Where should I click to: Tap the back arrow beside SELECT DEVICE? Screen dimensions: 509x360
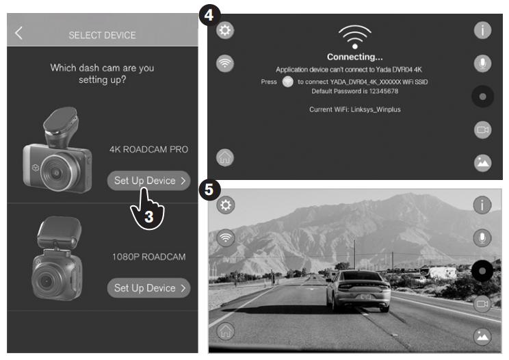(18, 33)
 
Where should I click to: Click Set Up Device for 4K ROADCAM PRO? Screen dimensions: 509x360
(148, 181)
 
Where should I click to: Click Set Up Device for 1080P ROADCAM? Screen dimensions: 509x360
(148, 288)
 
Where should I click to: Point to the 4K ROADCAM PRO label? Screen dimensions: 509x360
(148, 149)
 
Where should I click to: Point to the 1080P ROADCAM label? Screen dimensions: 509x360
(149, 257)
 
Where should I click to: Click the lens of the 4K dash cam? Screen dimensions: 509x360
(57, 172)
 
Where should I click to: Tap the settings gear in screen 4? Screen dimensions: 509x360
(225, 31)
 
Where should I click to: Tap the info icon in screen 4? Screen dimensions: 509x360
(482, 31)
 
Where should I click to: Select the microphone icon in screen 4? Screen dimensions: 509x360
(482, 63)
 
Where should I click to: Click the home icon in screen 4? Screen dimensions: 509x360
(225, 158)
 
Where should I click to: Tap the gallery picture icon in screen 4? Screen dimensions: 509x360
(482, 163)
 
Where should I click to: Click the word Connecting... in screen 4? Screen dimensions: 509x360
(355, 57)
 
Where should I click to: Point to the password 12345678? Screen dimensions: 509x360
(384, 91)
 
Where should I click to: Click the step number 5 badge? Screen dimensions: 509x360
(209, 190)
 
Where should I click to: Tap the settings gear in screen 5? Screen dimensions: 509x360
(226, 205)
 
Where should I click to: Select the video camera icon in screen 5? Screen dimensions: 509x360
(482, 304)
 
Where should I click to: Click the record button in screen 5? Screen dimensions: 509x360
(482, 271)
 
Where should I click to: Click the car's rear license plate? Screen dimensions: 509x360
(365, 296)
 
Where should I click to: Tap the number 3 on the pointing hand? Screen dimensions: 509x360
(148, 217)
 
